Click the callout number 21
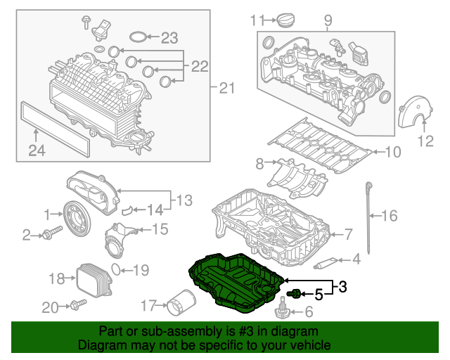226,88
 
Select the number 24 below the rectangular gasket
37,149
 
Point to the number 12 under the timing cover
425,141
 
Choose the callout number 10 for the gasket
392,151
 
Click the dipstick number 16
389,217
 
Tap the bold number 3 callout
342,287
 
